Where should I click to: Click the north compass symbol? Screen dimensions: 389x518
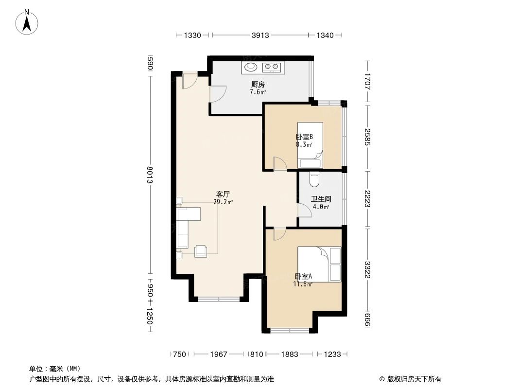28,22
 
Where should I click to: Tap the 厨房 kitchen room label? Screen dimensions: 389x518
258,84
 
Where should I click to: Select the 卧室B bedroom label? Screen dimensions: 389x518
304,137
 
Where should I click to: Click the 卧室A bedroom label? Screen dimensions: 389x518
303,277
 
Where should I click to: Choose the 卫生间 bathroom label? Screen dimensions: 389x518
321,199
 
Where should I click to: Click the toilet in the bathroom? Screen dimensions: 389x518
314,179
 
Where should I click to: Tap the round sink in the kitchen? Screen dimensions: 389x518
251,67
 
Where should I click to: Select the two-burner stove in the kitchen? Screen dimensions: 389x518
271,67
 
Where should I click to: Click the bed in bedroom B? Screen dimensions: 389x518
311,145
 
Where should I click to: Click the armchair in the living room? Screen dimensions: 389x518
201,251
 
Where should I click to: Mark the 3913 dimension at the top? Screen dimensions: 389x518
260,35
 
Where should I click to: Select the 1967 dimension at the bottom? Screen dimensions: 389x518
219,354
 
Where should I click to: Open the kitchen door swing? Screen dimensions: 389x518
218,93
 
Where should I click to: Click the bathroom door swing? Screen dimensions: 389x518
305,210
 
